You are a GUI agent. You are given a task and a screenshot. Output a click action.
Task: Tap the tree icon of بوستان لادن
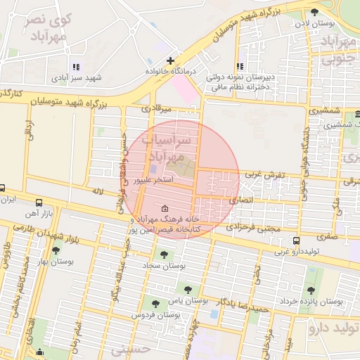314,11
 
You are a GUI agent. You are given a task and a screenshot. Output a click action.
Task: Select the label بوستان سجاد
163,266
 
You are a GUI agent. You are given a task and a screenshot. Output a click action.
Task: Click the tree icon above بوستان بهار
56,250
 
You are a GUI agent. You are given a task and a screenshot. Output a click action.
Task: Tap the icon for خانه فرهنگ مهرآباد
165,209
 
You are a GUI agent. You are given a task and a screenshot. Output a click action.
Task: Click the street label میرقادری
156,109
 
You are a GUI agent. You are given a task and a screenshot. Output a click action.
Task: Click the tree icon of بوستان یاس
187,288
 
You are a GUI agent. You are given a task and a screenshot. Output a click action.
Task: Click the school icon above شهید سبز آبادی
76,67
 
